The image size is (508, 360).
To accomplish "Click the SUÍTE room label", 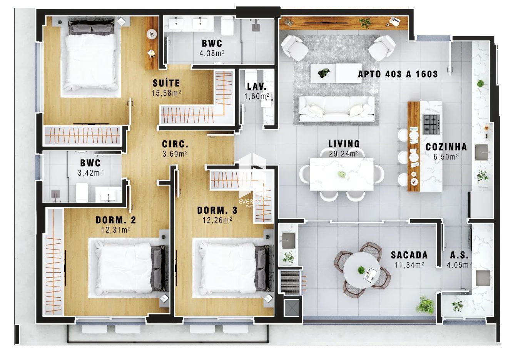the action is tap(166, 83).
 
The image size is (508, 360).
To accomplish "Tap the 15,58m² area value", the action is tap(166, 93).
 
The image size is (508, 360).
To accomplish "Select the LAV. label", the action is tap(257, 86).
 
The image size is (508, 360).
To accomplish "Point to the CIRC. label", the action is tap(175, 144).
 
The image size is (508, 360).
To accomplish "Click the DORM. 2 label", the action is tap(116, 220).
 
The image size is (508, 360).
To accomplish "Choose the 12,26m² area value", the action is tap(217, 220).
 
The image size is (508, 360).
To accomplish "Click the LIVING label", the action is tap(344, 144).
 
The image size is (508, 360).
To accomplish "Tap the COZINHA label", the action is tap(446, 147).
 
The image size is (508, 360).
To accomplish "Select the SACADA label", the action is tap(409, 255).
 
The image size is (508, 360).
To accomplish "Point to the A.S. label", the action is tap(459, 255).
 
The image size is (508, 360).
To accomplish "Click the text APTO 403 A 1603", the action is tap(398, 74).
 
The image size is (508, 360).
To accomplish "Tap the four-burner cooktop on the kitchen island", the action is tap(431, 124).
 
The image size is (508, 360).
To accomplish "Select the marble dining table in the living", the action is tap(342, 174).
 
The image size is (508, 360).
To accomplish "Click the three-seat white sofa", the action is tap(336, 109).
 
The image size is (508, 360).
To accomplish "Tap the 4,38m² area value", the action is tap(212, 53).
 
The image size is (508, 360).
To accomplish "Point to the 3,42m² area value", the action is tap(90, 173).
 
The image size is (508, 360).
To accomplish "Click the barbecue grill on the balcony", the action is tap(291, 283).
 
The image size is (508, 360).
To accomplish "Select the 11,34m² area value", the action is tap(409, 265).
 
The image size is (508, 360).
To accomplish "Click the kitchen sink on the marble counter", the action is tap(481, 152).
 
